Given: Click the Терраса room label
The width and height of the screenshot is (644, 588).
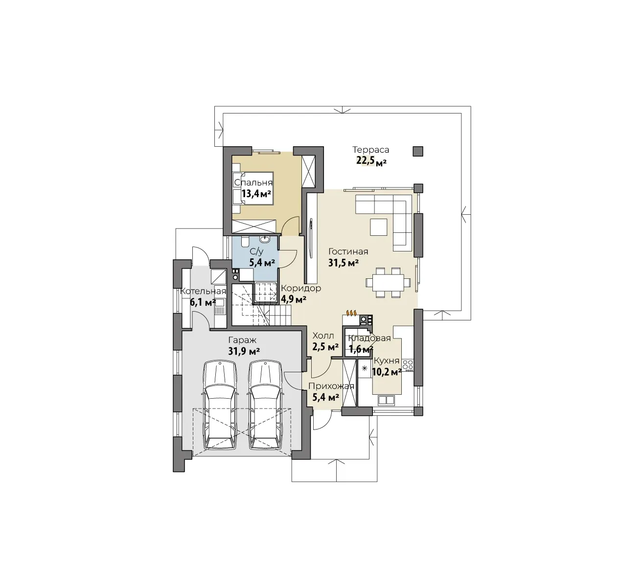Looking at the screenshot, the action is pos(371,150).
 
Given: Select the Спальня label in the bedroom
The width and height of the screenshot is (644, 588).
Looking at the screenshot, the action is pos(253,182).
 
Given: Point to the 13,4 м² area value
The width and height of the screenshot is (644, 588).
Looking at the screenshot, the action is pos(256,194).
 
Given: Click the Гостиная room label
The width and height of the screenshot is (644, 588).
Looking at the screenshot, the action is pos(348,251).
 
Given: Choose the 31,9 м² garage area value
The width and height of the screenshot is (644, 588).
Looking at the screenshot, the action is pos(244,351).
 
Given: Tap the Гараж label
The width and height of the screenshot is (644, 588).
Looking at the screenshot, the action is pos(242,340).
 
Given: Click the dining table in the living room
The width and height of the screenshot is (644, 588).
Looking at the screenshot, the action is pos(388,282).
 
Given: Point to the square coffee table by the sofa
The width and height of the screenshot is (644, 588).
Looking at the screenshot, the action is pos(378,227).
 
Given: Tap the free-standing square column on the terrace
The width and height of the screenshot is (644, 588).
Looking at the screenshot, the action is pos(417,151).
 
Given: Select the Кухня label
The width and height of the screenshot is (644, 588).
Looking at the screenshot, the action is pos(387,361).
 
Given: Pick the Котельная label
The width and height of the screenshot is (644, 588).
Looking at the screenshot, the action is pos(203,291).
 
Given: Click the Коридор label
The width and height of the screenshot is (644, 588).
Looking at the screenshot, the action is pos(301,288).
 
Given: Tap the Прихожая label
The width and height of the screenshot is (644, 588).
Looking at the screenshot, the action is pos(331,386).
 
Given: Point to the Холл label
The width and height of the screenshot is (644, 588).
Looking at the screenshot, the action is pos(323,336).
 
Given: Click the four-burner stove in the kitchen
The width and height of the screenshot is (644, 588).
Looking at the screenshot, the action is pos(408,365).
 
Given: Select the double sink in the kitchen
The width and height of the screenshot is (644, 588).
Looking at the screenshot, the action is pos(386,400).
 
